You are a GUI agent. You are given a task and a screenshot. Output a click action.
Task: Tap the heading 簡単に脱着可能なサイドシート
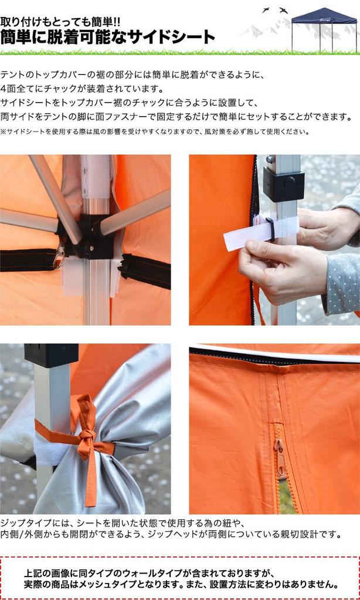108,37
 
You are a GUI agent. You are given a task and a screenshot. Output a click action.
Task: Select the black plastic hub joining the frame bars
91,234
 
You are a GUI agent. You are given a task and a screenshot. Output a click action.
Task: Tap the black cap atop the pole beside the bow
51,354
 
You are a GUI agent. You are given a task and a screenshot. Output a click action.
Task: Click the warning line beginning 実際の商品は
181,585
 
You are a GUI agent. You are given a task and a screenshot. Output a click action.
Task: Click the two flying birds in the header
275,11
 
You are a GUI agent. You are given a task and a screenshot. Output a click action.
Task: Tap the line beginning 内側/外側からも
171,534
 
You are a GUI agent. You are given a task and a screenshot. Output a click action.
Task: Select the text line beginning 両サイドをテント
176,117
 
